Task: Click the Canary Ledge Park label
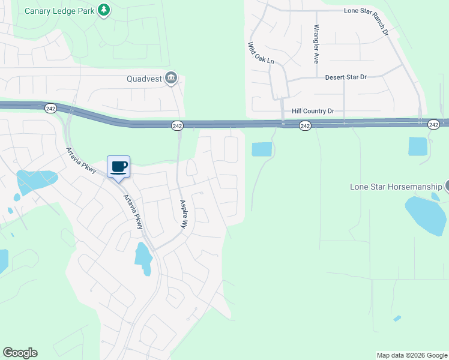59,10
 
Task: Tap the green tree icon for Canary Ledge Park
104,10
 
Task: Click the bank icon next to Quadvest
171,78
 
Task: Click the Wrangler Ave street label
316,45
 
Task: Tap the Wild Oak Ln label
261,53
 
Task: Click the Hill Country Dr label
312,111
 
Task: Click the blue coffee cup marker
118,166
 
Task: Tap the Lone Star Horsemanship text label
396,187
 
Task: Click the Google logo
20,353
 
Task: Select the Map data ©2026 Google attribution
412,355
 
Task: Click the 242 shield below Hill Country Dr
305,125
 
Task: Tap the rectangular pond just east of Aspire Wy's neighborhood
262,149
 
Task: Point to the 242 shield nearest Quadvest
177,125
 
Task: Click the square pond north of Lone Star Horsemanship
417,146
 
